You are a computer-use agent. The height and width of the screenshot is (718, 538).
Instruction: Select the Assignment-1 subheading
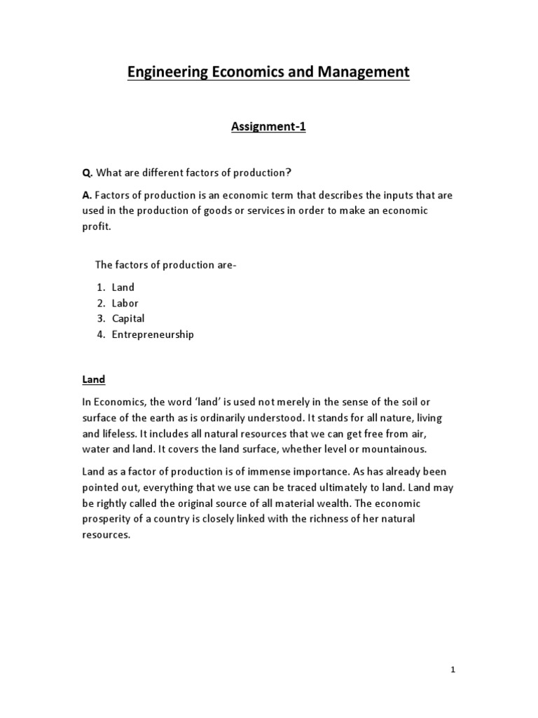268,128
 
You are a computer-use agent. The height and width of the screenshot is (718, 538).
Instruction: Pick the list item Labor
125,303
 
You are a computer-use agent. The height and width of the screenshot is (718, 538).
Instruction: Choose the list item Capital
128,318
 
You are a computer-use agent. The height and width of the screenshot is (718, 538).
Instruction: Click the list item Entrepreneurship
153,334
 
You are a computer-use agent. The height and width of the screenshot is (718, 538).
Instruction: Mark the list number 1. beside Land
102,287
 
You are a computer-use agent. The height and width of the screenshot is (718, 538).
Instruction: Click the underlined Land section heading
93,379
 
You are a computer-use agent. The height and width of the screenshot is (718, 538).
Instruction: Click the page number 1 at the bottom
453,670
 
